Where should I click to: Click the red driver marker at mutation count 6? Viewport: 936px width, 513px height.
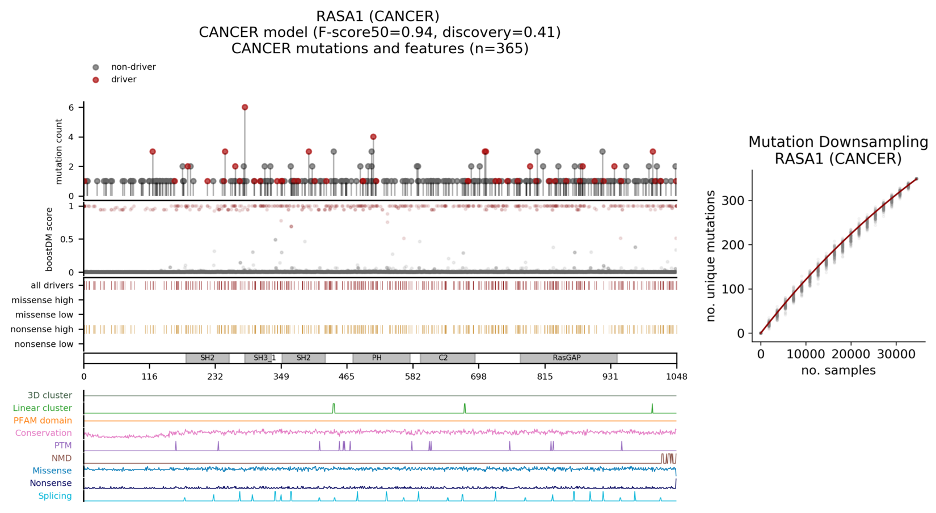pos(244,107)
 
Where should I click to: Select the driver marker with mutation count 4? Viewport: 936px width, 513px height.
pos(373,137)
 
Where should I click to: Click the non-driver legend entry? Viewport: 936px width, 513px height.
pos(133,67)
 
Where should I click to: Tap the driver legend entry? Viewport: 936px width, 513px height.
pos(123,79)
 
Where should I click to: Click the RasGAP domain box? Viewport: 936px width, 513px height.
pos(568,358)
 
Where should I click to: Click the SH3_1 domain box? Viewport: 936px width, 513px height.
pos(263,358)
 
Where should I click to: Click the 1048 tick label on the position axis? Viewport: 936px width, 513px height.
pos(676,377)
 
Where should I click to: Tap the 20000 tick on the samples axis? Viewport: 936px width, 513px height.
pos(850,354)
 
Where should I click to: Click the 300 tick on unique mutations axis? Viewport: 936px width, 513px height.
pos(733,201)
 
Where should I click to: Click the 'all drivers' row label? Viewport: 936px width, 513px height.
pos(52,285)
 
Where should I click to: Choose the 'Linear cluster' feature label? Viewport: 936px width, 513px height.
pos(42,408)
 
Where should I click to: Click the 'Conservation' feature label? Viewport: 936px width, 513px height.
pos(43,433)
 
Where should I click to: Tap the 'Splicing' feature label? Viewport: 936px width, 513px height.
pos(54,496)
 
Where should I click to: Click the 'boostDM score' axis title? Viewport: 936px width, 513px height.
pos(49,239)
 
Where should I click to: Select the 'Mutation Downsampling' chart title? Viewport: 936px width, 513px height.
pos(838,142)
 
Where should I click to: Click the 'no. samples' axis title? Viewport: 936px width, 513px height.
pos(838,371)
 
